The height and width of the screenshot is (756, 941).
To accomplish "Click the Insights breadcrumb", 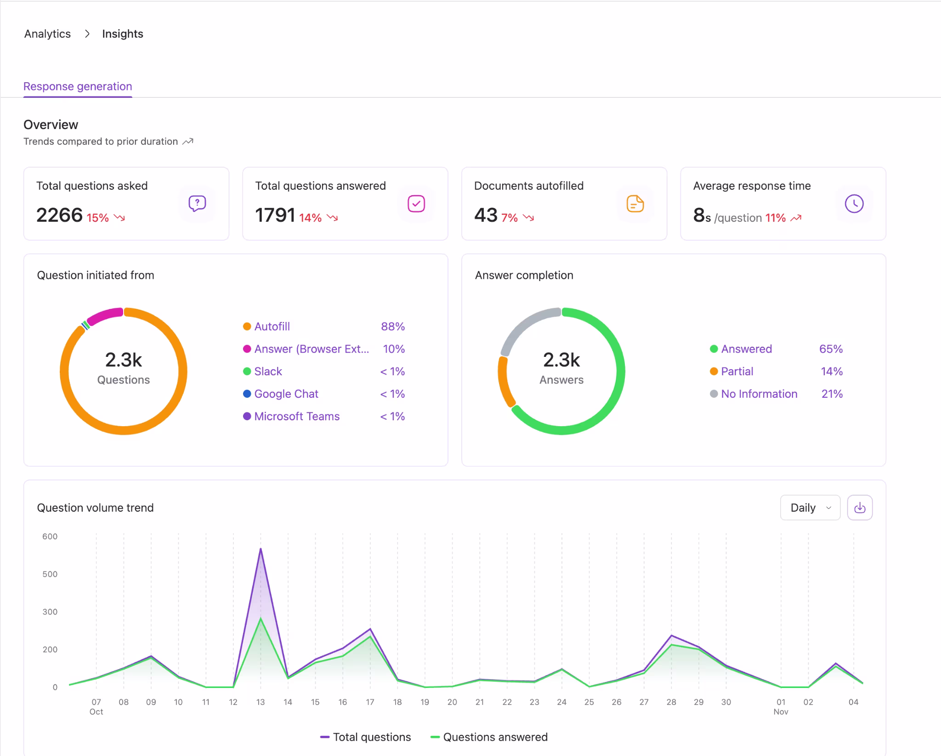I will (x=122, y=34).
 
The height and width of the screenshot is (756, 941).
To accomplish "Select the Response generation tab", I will (x=78, y=86).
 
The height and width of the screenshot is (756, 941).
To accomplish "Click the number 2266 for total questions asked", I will (x=59, y=215).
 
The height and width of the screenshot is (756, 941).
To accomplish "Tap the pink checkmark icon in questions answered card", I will (x=416, y=203).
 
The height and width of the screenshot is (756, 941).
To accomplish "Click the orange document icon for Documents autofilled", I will (x=635, y=203).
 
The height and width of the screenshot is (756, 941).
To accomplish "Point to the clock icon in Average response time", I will (x=854, y=203).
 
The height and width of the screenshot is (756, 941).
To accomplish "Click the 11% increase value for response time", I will (x=775, y=218).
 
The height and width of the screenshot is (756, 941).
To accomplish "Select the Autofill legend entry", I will (x=272, y=327).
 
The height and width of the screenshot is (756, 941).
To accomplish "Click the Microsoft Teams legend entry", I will (x=296, y=416).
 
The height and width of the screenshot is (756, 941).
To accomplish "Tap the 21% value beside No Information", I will (x=832, y=394).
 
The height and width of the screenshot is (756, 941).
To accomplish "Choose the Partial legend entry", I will (x=737, y=371).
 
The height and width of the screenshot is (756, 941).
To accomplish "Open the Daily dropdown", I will (x=810, y=508).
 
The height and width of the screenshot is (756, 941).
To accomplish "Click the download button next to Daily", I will (x=859, y=508).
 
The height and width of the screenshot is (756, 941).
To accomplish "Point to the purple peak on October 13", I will (x=261, y=549).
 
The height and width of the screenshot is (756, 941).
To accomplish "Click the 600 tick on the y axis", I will (x=50, y=536).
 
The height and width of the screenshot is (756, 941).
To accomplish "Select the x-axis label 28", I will (x=671, y=702).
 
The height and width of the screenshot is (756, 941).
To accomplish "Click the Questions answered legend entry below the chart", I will (x=494, y=737).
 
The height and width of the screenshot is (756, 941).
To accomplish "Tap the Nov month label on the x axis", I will (x=780, y=712).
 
